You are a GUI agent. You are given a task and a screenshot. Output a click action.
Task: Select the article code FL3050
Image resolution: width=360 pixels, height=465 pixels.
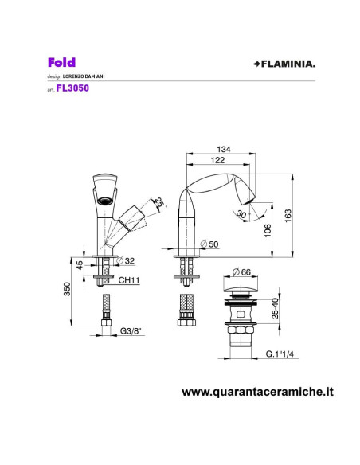[72, 89]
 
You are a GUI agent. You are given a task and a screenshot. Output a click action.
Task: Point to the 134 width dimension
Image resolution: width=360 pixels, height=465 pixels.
[223, 148]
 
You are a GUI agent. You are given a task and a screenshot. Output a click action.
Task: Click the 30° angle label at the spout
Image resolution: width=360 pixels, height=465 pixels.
[240, 213]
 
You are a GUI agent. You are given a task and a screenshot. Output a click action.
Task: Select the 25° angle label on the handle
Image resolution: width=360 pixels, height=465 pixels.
[159, 202]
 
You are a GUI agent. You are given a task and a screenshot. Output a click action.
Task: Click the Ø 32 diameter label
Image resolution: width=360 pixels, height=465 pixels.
[126, 260]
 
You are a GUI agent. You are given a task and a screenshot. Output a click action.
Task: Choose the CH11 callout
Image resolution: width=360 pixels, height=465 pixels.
[129, 279]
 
